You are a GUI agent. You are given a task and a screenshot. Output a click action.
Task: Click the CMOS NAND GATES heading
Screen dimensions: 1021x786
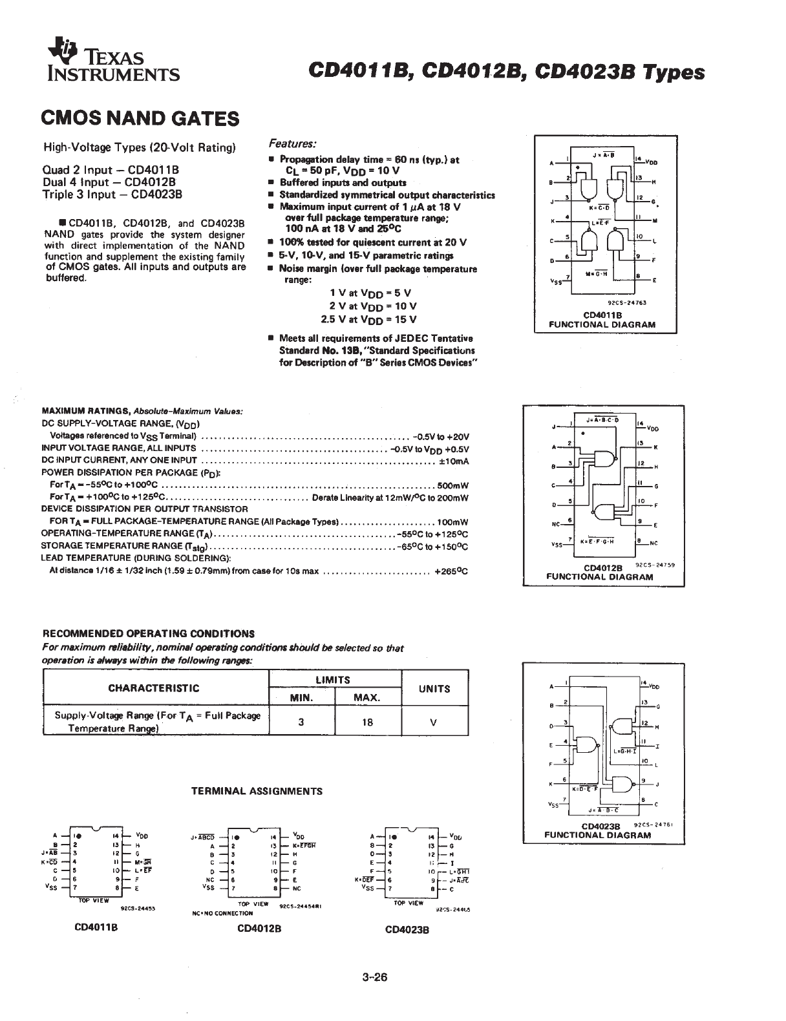[x=140, y=118]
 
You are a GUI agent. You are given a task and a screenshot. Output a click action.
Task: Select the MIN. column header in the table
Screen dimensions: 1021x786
[x=301, y=698]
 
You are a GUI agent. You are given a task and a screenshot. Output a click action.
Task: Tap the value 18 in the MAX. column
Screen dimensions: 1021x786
[x=368, y=722]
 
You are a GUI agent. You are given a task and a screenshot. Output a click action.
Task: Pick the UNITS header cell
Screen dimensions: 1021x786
[x=434, y=689]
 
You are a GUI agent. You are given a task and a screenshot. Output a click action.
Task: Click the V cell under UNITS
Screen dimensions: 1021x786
[x=434, y=722]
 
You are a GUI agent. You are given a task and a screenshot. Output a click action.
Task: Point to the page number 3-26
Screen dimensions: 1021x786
[x=375, y=977]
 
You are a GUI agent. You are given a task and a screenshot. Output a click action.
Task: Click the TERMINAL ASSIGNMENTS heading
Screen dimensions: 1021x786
[x=257, y=790]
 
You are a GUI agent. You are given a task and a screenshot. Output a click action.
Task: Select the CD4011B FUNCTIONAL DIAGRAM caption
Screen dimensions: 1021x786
[x=602, y=321]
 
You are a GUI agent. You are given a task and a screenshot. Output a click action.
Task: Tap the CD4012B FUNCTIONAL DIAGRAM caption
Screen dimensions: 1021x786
[x=600, y=573]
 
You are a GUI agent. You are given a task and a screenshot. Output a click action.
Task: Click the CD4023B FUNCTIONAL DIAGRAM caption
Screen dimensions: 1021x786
[x=597, y=830]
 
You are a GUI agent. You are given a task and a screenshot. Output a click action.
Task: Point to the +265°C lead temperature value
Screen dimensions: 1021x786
[x=451, y=571]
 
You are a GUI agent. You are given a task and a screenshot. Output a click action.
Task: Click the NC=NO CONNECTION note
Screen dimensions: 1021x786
[x=222, y=913]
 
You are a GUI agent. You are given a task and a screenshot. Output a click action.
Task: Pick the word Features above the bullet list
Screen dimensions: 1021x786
[x=292, y=143]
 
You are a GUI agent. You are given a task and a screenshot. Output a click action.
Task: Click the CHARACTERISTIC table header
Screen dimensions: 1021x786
[x=154, y=688]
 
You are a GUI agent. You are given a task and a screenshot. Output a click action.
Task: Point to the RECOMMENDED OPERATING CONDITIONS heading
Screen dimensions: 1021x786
[x=148, y=633]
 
